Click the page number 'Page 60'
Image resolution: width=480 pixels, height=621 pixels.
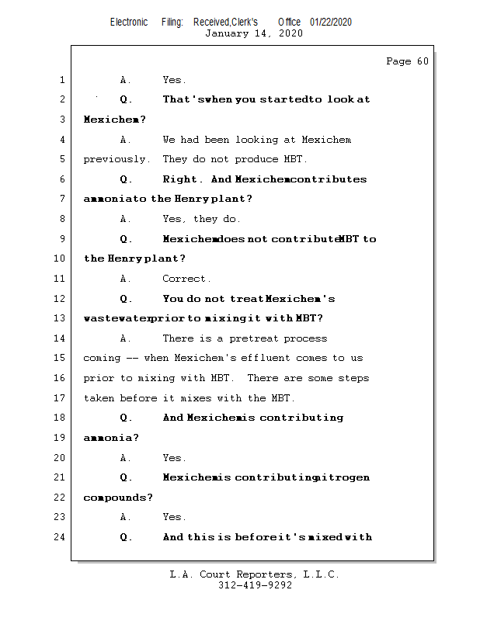[407, 61]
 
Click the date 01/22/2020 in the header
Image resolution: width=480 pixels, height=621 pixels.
[331, 22]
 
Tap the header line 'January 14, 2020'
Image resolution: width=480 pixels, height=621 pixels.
[254, 33]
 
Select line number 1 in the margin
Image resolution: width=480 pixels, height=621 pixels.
[61, 80]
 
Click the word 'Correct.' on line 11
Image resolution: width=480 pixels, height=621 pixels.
[186, 279]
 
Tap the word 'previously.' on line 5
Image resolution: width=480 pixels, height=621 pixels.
[117, 159]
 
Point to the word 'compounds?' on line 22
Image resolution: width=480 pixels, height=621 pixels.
[118, 498]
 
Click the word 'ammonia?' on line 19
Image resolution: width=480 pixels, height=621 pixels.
[111, 438]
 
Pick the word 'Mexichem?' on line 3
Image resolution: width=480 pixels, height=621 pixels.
[114, 120]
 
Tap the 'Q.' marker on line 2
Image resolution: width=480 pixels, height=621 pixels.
[126, 100]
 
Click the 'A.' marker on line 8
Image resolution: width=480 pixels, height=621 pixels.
[126, 219]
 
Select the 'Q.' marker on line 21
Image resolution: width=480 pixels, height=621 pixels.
[126, 477]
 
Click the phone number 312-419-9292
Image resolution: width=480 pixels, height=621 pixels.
[255, 586]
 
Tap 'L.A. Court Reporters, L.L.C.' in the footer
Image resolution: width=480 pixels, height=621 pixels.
[254, 574]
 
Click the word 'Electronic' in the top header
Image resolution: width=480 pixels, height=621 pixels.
[129, 22]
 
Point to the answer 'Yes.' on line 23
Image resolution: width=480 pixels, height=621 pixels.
[174, 517]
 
